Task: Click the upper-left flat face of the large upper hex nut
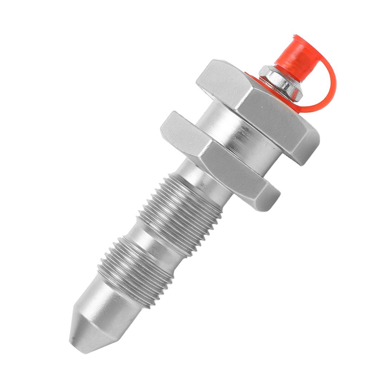point(222,78)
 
